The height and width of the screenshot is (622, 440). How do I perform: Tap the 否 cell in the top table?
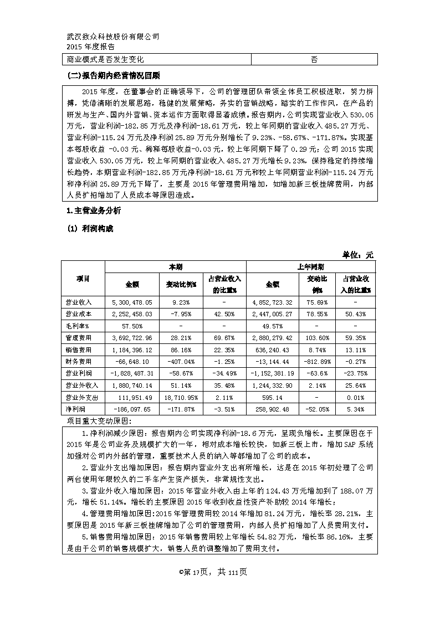pos(314,59)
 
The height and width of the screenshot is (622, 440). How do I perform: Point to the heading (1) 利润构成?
pos(90,229)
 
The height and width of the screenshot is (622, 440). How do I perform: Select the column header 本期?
pos(175,266)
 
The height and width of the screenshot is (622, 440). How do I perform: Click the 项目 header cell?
pos(83,279)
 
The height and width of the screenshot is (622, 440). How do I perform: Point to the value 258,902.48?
pos(271,409)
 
